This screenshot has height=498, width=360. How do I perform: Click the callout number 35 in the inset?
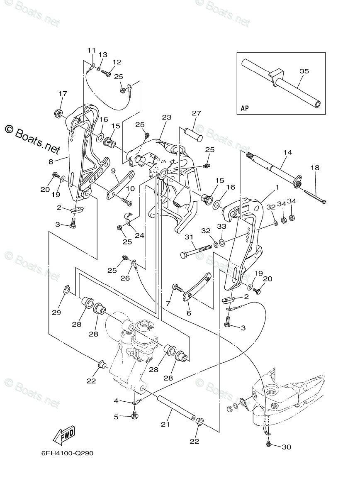[x=304, y=71]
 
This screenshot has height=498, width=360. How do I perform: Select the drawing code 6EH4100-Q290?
[x=67, y=453]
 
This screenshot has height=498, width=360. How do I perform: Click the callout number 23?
[x=166, y=117]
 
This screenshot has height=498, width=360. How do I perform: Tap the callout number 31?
[x=189, y=237]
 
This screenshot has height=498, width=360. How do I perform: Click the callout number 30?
[x=286, y=447]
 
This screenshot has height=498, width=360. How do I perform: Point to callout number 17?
[x=63, y=93]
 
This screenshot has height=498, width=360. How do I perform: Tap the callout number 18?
[x=315, y=167]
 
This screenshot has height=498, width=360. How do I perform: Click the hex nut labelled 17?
[x=58, y=112]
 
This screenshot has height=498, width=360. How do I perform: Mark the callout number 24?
[x=139, y=235]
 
